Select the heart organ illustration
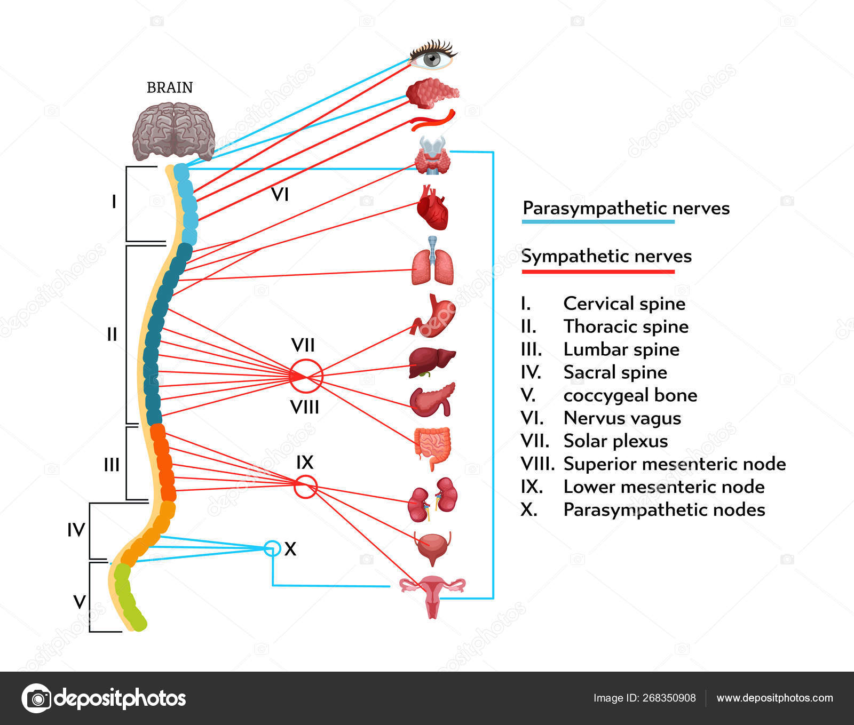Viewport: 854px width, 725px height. pos(432,208)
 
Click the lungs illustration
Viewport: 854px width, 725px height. pos(433,264)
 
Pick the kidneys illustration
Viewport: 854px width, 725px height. pos(433,499)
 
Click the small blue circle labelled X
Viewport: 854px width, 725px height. pos(272,548)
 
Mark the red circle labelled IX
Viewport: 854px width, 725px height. pos(306,487)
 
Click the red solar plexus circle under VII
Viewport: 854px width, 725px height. pos(306,376)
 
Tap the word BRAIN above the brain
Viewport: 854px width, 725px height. pos(170,87)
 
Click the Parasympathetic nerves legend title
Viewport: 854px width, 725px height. pos(626,208)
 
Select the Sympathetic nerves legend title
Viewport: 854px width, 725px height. pos(606,256)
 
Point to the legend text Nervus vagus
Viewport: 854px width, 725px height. pos(622,418)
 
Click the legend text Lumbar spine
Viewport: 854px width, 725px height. pos(621,349)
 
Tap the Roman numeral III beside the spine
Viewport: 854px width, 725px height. pos(112,465)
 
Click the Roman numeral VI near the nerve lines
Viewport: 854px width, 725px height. pos(280,195)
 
